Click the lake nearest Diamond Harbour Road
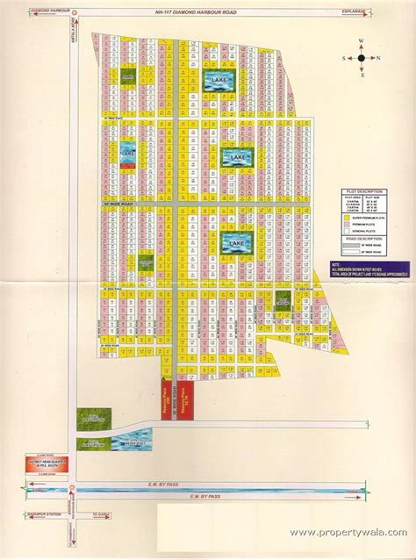(x=216, y=81)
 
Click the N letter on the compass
(x=377, y=58)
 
